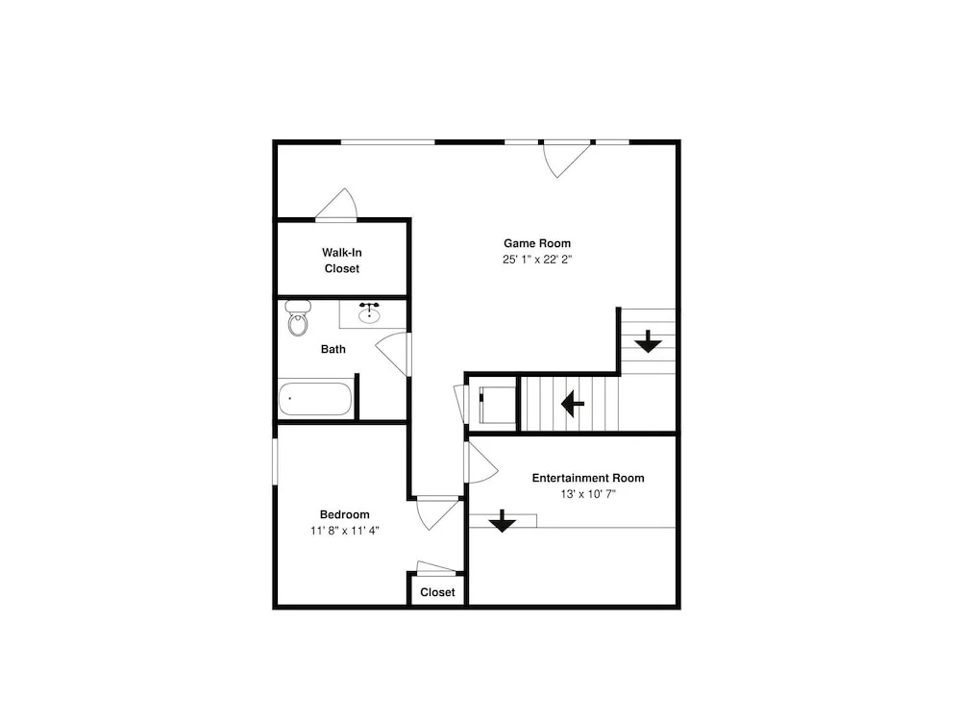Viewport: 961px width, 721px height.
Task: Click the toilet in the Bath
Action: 298,318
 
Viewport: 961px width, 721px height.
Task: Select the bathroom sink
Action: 369,314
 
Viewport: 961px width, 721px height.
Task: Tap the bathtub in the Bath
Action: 315,399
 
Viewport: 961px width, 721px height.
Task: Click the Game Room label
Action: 537,243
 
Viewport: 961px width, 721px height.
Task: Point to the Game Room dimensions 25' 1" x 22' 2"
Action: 537,260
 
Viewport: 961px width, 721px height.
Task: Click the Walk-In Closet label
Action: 342,260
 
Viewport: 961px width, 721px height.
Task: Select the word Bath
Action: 333,349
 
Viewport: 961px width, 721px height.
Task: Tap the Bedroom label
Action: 344,514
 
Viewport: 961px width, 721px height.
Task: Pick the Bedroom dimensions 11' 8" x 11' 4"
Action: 344,531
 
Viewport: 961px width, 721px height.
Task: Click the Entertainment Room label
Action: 588,478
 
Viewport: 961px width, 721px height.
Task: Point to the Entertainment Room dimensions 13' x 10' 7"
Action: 588,493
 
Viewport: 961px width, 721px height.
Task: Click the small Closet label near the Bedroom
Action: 437,592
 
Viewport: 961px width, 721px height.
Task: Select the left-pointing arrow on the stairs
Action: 573,404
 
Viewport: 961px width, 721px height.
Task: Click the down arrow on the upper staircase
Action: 648,341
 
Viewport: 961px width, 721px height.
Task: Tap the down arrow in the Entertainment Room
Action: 503,521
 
